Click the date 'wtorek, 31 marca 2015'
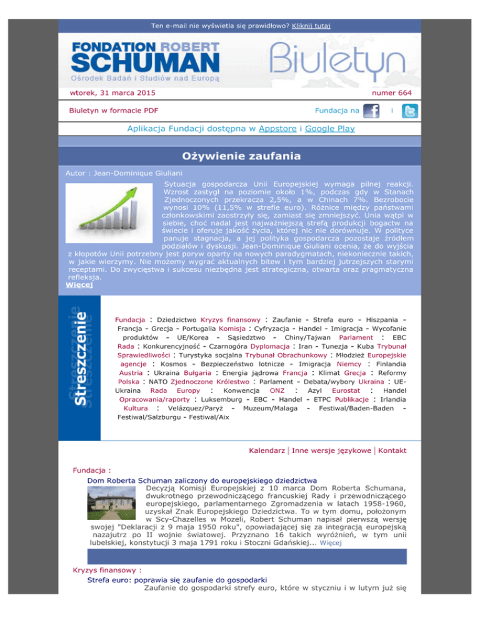click(x=112, y=93)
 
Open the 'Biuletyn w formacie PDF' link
click(x=113, y=111)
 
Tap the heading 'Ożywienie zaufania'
click(x=240, y=156)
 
